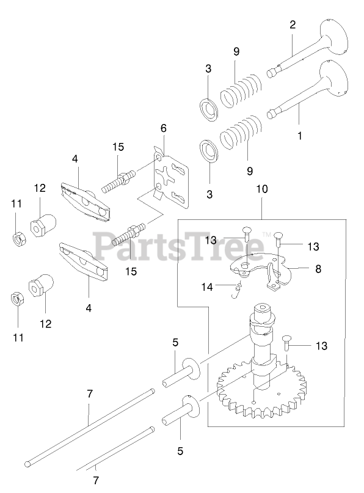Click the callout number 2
293,25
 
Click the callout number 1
299,136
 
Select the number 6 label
164,128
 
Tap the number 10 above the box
262,189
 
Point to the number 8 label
318,269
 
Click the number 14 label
207,287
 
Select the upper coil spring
241,90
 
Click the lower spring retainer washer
209,152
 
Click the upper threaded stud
119,181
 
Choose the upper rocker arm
85,203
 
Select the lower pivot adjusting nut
41,285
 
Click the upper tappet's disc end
191,368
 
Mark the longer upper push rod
90,427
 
